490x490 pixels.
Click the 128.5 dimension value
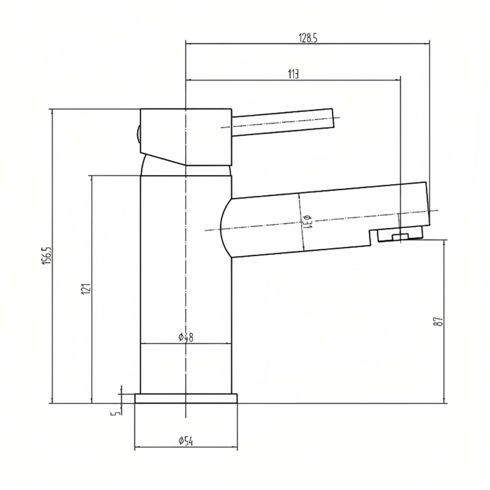308,38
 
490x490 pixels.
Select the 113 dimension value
293,74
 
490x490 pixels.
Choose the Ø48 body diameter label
186,337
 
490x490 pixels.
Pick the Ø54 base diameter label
186,441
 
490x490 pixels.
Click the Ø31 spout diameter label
306,221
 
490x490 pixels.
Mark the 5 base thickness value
115,413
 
